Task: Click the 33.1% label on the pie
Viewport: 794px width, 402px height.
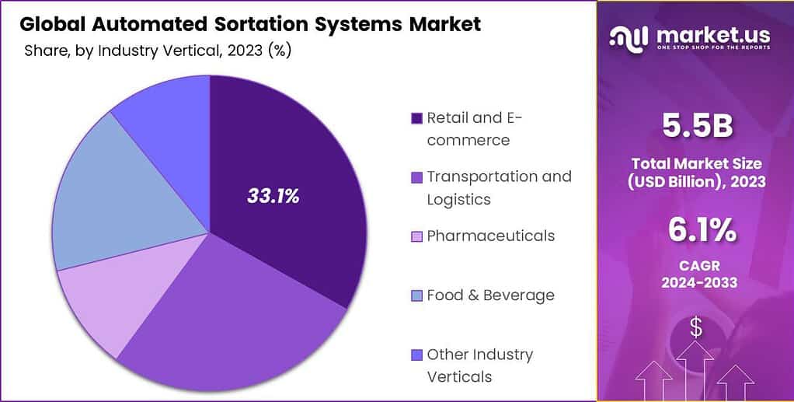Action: [273, 196]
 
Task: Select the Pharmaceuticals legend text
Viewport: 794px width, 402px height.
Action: [490, 236]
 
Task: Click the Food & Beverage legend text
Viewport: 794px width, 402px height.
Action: [490, 295]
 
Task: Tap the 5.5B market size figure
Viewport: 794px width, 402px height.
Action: [695, 127]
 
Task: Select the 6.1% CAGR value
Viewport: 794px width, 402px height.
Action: [695, 230]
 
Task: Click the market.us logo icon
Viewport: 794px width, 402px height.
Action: [629, 37]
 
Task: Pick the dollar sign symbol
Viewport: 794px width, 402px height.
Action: [696, 328]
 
